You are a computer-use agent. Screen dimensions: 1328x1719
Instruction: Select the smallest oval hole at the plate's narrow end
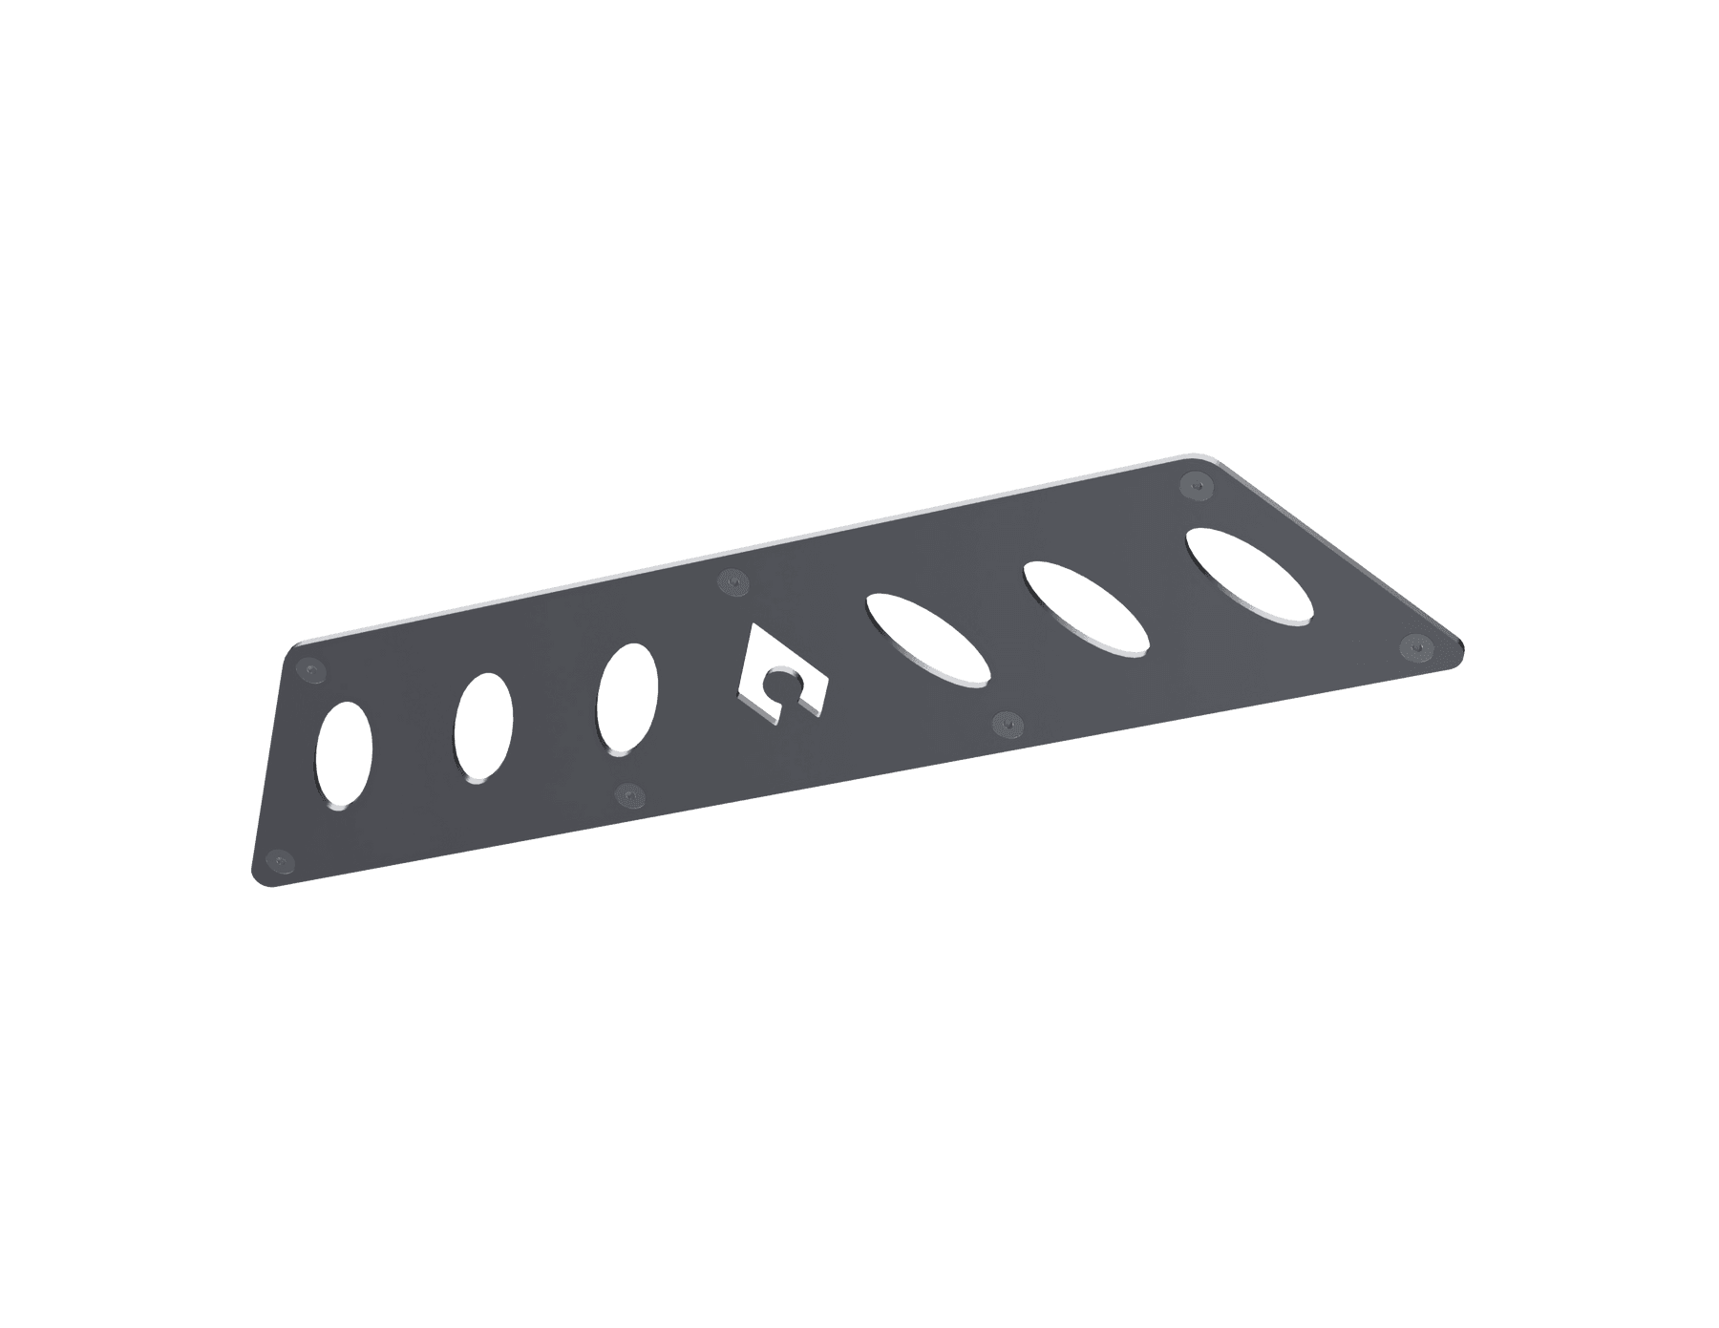[344, 756]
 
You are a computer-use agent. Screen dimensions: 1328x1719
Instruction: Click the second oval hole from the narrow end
[483, 728]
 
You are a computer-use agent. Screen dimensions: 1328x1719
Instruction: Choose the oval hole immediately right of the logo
[927, 640]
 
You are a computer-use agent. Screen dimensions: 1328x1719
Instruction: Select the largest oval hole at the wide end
[1248, 576]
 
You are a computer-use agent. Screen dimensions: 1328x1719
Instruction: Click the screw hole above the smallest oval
[308, 670]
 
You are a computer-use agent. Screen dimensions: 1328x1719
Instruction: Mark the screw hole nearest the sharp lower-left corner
[278, 860]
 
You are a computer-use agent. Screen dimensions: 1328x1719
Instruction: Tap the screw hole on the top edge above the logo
[732, 581]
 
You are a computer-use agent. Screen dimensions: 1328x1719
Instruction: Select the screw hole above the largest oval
[1193, 485]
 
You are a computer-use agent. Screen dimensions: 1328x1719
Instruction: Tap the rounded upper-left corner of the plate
[291, 647]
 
